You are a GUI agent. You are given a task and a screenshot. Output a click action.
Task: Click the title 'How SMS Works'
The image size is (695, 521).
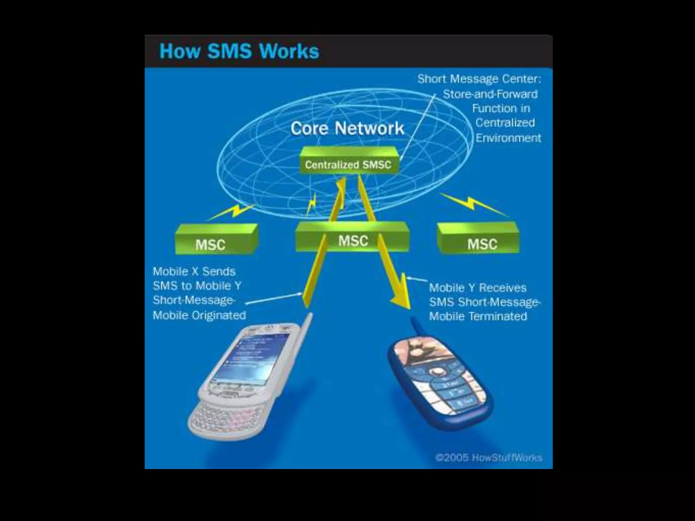239,52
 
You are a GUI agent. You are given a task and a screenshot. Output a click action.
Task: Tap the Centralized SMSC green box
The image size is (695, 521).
348,165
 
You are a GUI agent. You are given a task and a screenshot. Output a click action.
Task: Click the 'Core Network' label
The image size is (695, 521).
347,129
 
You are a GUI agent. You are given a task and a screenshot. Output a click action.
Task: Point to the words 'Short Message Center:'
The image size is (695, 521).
479,79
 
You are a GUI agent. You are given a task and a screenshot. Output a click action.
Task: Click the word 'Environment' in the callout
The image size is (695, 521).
508,138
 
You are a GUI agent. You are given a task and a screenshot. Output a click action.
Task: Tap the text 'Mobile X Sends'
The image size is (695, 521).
194,271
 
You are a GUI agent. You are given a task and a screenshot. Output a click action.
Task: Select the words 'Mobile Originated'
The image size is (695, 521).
200,315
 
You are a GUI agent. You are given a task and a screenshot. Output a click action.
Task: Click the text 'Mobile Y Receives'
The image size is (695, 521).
478,288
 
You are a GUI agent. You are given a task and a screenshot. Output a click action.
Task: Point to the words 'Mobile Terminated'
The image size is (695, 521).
478,316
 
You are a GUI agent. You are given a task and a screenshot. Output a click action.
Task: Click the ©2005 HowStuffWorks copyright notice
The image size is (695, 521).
489,458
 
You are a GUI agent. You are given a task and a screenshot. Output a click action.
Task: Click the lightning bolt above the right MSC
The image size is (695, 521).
472,204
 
